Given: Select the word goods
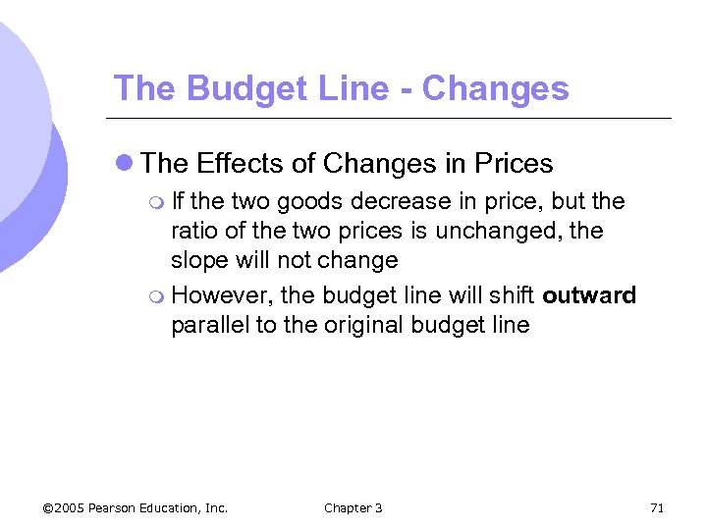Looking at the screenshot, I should (x=307, y=202).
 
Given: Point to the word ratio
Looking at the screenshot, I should (x=193, y=232).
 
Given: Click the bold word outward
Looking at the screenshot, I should (x=589, y=295).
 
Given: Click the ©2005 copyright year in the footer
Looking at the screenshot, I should (x=64, y=507).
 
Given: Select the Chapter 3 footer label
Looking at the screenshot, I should (x=353, y=507).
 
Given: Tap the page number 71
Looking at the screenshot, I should (x=657, y=507).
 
